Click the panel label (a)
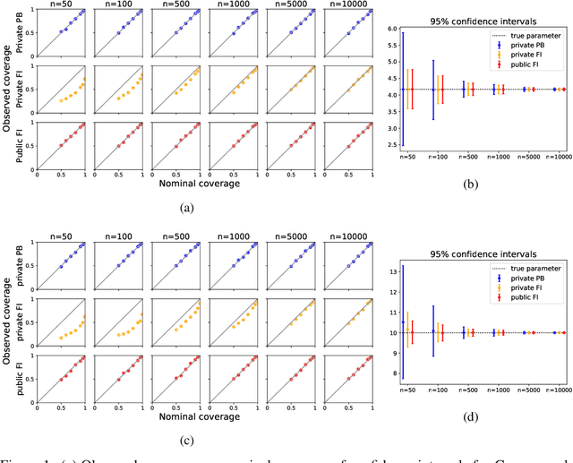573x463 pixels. [x=186, y=208]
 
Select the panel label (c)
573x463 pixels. [x=186, y=439]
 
